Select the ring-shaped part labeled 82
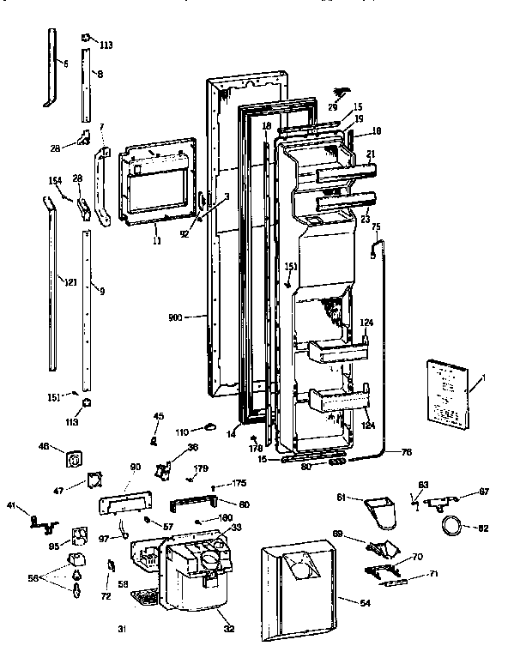pos(449,525)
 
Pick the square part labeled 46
pos(72,459)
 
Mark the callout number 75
pos(375,226)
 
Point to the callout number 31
pos(121,632)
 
